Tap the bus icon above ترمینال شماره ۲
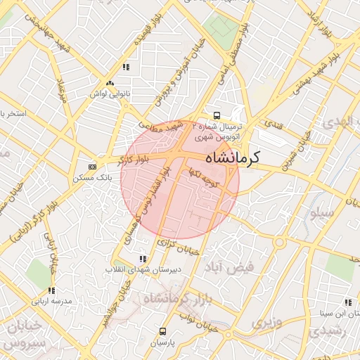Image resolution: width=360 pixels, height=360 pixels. (x=217, y=115)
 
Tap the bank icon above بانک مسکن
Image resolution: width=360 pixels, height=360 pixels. (x=93, y=167)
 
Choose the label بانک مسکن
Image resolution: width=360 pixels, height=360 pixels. (x=92, y=177)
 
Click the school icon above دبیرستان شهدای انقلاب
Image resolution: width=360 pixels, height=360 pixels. (x=144, y=259)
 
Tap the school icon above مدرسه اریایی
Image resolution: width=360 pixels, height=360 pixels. (x=51, y=290)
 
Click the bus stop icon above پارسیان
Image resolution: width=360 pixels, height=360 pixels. (x=163, y=330)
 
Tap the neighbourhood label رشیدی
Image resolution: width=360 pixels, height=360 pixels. (x=344, y=330)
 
